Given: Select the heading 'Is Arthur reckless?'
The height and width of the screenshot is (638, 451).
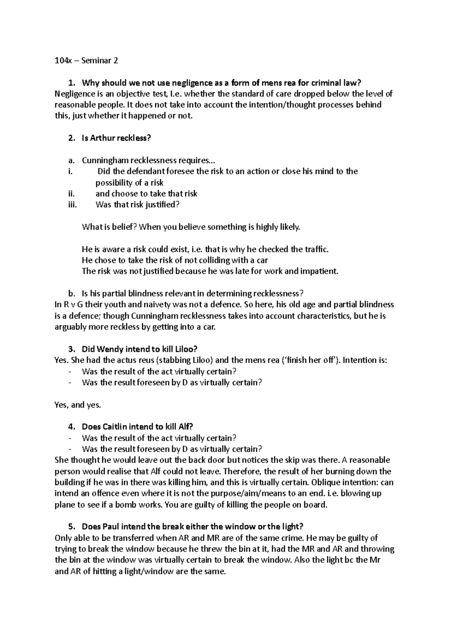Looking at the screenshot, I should point(116,138).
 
